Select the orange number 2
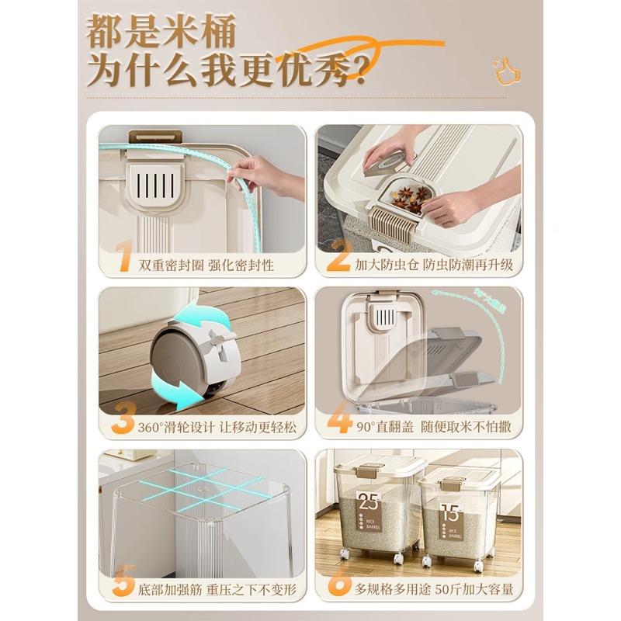pyautogui.click(x=339, y=257)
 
